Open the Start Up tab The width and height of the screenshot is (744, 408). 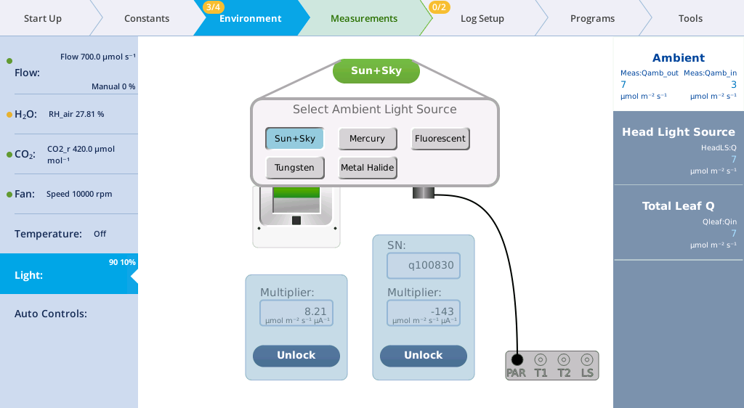tap(43, 18)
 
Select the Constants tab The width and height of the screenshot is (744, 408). tap(147, 18)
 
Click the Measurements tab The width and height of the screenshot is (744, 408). tap(364, 18)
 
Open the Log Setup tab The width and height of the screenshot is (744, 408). tap(482, 18)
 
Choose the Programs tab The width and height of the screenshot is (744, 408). tap(592, 18)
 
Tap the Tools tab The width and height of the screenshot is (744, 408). tap(690, 18)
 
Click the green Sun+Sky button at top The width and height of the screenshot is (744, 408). tap(376, 71)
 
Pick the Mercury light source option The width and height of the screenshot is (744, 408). tap(367, 139)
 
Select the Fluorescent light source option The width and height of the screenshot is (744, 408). tap(440, 139)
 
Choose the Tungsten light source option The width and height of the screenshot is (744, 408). tap(295, 168)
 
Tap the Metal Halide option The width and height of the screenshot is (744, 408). tap(367, 168)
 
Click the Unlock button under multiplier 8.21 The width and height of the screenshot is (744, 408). tap(296, 356)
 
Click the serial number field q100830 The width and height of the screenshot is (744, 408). tap(424, 266)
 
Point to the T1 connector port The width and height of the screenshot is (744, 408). tap(541, 360)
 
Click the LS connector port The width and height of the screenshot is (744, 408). tap(587, 360)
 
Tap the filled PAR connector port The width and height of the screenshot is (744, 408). tap(517, 360)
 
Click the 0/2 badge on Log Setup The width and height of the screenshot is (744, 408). tap(439, 7)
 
